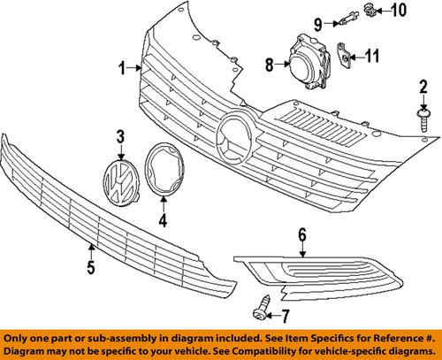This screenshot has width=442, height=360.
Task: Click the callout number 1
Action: [x=123, y=66]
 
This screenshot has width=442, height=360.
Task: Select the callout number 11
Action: [x=373, y=58]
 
